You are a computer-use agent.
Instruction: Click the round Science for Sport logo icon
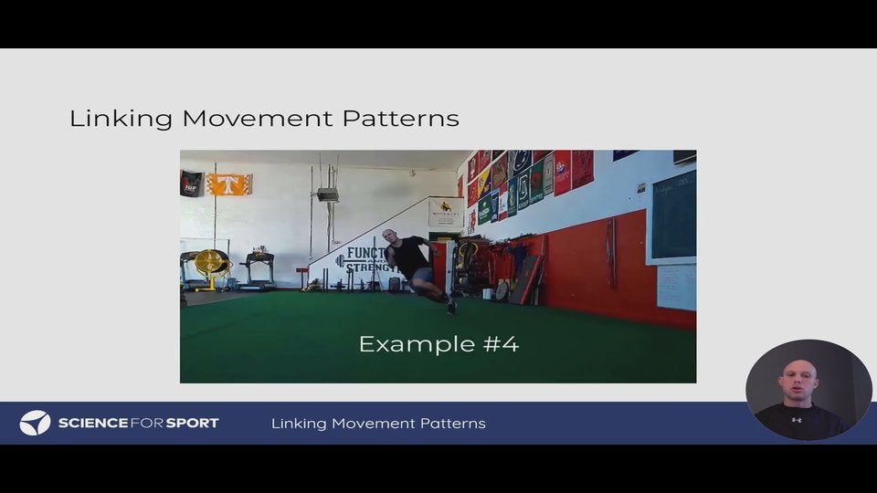[x=35, y=423]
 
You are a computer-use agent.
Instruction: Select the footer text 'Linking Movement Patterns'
[x=378, y=423]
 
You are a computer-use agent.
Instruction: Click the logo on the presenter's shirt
[x=797, y=420]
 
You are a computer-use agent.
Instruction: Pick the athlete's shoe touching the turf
[x=450, y=308]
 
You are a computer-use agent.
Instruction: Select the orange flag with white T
[x=228, y=184]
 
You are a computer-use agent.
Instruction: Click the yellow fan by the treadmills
[x=210, y=262]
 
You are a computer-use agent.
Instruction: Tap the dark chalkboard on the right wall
[x=673, y=215]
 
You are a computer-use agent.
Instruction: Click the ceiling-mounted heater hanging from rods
[x=327, y=194]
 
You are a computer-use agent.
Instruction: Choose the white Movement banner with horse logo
[x=446, y=212]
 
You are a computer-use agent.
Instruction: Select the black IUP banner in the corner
[x=191, y=184]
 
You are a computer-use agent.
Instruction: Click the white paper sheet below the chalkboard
[x=676, y=287]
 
